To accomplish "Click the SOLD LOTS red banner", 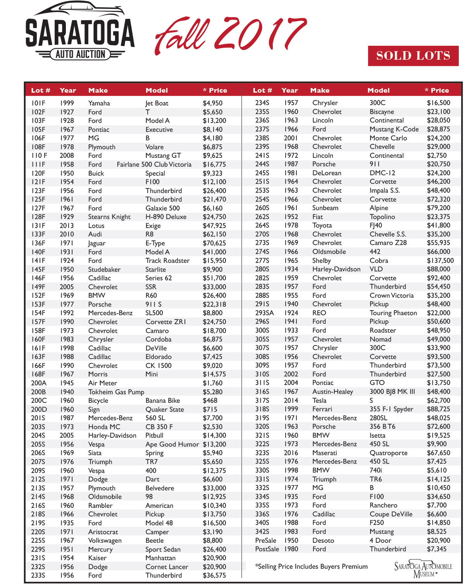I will (x=413, y=56).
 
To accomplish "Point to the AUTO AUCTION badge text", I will (x=80, y=54).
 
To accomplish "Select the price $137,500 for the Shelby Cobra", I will (x=440, y=261).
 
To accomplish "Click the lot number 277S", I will (x=262, y=261).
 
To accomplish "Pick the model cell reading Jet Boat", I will (x=157, y=103).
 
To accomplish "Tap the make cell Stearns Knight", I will (x=109, y=217).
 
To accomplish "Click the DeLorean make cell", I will (x=327, y=173).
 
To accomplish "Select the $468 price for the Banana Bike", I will (x=210, y=400).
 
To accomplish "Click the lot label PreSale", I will (x=265, y=540).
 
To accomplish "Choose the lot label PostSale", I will (x=267, y=549).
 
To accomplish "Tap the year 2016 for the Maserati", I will (x=291, y=453).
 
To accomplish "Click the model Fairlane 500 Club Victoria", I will (x=154, y=164).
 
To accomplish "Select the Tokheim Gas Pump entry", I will (x=116, y=392).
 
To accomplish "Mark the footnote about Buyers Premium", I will (x=312, y=566).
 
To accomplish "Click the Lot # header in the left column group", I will (x=41, y=90).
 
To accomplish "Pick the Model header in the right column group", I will (x=379, y=90).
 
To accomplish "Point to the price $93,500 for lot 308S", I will (x=439, y=357).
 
